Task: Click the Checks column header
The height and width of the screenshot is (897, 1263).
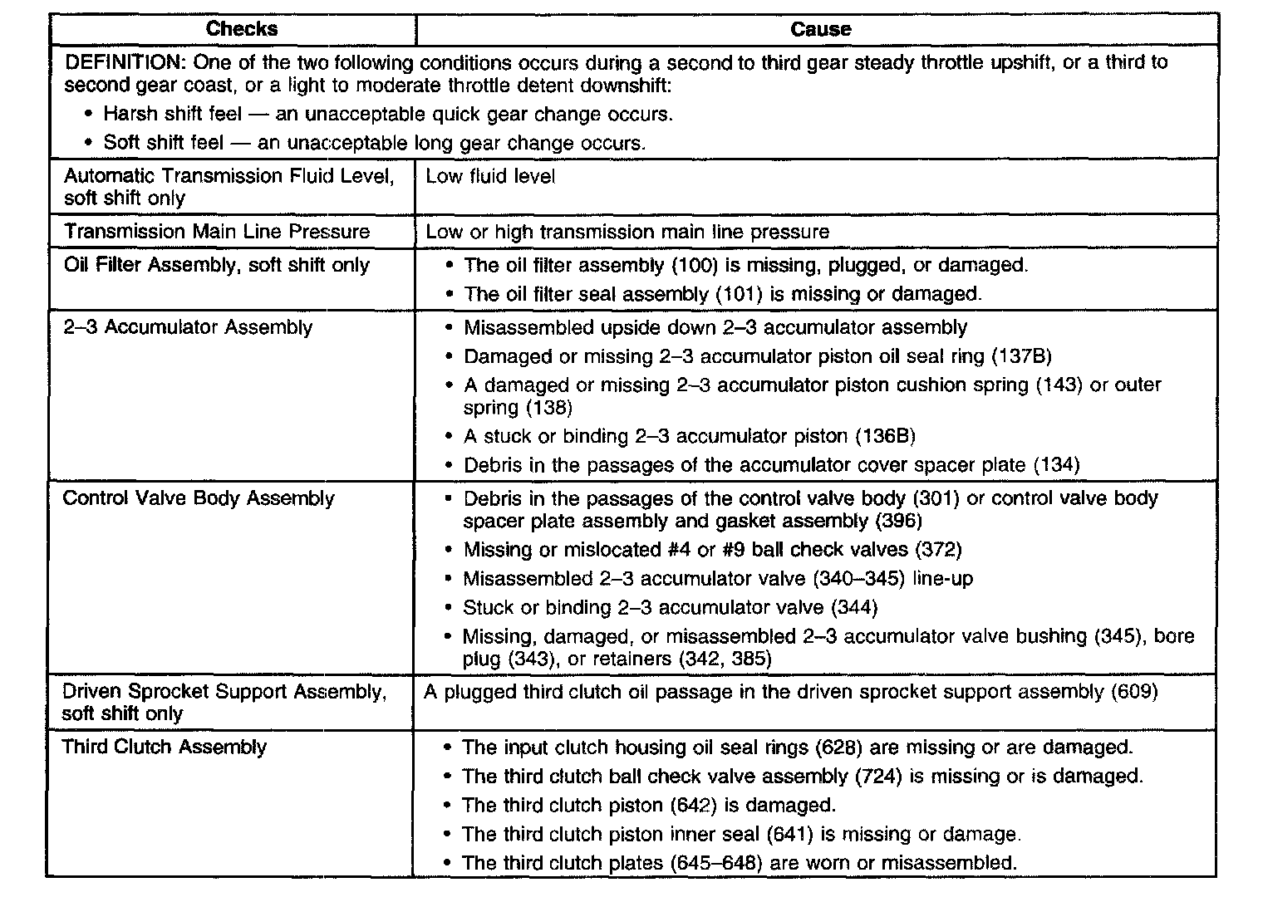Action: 241,29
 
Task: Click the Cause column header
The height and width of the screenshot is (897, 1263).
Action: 820,29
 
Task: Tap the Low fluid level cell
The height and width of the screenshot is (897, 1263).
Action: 490,176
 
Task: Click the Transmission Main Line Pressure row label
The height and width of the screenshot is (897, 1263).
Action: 217,232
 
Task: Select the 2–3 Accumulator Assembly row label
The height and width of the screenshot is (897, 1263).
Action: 188,327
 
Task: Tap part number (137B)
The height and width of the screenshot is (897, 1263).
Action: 1022,356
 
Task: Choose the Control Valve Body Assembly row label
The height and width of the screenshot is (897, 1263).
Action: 199,498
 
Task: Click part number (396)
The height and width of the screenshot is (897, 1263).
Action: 898,521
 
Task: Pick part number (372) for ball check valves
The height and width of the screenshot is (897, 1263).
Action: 937,549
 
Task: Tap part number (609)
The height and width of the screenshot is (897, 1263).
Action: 1133,692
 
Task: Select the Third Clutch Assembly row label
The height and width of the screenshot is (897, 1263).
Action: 165,747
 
